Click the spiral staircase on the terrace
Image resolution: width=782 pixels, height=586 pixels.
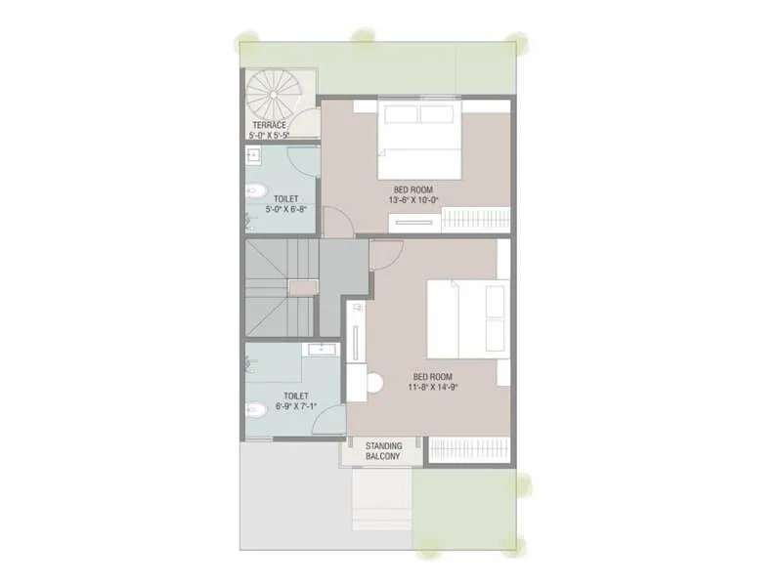[x=273, y=97]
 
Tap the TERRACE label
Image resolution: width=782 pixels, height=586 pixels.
[x=269, y=125]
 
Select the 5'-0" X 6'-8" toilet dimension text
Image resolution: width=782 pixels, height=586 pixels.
[x=282, y=207]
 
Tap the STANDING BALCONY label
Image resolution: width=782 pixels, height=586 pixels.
[x=383, y=451]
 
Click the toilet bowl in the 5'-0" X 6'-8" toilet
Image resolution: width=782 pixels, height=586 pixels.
[x=253, y=191]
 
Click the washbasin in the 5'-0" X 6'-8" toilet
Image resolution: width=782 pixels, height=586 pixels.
[x=252, y=155]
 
